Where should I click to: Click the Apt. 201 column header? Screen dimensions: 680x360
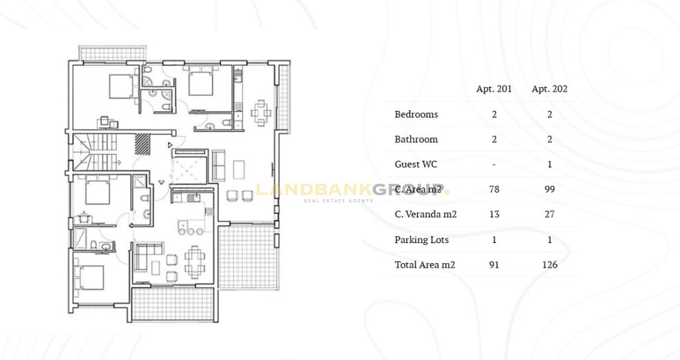click(x=494, y=89)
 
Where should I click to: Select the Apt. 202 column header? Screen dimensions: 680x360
click(x=549, y=89)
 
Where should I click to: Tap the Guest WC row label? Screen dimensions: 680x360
click(x=416, y=164)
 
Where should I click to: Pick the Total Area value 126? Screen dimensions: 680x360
click(x=549, y=264)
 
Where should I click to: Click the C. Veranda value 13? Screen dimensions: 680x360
click(x=494, y=215)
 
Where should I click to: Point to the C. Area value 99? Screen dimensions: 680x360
click(x=549, y=189)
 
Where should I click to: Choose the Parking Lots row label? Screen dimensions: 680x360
click(x=422, y=240)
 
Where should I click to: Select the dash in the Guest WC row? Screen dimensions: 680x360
click(x=494, y=165)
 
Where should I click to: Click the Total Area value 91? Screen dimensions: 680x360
click(x=494, y=264)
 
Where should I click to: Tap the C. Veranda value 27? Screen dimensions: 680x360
click(x=549, y=215)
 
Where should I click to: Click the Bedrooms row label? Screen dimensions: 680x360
click(x=416, y=114)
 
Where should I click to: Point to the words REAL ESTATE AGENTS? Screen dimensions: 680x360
click(x=338, y=201)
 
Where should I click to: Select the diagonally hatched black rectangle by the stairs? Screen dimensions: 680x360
click(x=142, y=143)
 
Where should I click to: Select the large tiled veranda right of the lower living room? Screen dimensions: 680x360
click(x=248, y=257)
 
